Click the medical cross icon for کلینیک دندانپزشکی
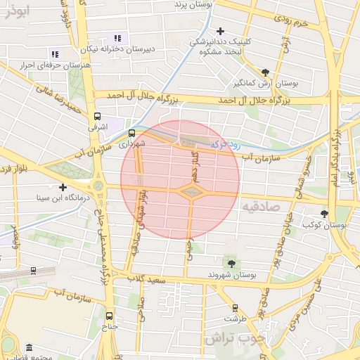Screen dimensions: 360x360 click(221, 31)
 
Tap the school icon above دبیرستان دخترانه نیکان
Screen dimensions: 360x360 click(117, 39)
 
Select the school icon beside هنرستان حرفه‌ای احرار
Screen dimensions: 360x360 click(55, 53)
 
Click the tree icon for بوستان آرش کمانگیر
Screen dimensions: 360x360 click(265, 72)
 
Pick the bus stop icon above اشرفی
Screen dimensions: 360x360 click(97, 117)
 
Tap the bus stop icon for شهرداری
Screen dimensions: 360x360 click(131, 132)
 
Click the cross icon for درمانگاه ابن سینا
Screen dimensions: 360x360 click(63, 187)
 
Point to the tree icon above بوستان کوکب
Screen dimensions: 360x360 click(324, 214)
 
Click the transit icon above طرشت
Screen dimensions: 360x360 click(235, 307)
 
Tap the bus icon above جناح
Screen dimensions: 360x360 click(109, 316)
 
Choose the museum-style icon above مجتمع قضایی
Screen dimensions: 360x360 click(28, 348)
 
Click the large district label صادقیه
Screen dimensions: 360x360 click(260, 207)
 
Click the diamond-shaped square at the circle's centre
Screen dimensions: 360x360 click(191, 191)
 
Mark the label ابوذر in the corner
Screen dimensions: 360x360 click(15, 11)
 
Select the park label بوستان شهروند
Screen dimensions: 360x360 click(231, 274)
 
